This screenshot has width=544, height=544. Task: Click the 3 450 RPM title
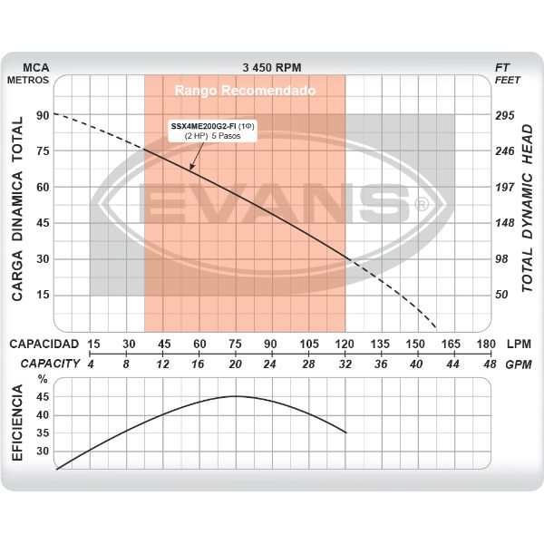pos(272,67)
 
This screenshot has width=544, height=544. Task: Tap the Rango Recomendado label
pos(245,92)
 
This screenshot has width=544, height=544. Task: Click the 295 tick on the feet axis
pos(505,115)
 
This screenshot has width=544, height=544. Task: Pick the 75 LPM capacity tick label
pos(235,345)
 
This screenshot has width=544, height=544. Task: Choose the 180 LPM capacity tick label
pos(486,345)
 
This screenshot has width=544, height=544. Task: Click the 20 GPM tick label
pos(235,363)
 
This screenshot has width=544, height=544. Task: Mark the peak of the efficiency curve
pos(236,396)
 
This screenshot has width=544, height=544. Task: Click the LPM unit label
pos(520,345)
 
